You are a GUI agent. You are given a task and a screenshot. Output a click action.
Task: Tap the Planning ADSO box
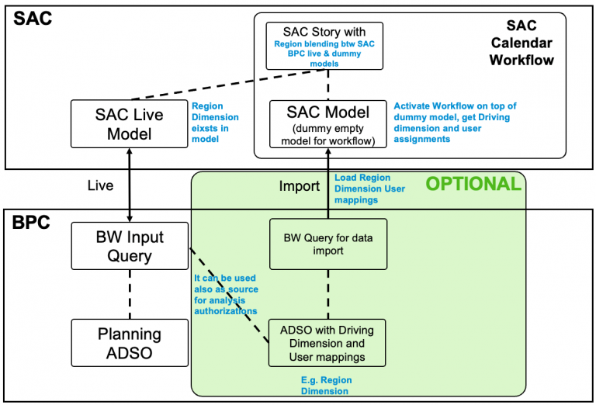pos(129,343)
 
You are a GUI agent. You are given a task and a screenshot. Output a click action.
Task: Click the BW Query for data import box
pos(327,244)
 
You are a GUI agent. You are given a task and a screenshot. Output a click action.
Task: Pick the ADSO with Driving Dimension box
pos(327,342)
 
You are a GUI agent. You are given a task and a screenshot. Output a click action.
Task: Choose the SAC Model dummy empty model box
pos(327,123)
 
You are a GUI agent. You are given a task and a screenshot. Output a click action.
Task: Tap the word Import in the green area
pos(299,187)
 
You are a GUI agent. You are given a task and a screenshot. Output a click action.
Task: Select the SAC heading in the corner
pos(32,18)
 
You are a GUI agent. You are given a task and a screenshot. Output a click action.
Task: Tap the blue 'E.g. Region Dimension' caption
pos(327,386)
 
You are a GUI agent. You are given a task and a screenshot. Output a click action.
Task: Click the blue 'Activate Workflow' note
pos(455,123)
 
